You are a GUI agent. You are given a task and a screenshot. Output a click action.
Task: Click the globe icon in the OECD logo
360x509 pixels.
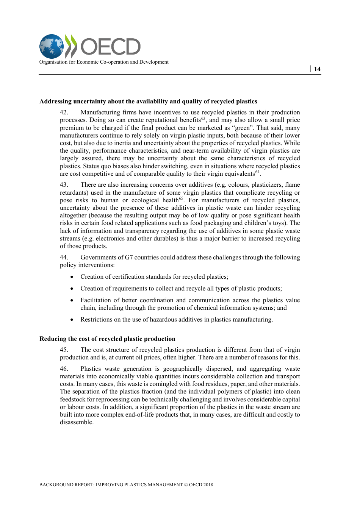click(x=52, y=46)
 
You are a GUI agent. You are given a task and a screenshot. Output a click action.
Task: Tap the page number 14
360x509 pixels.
click(x=317, y=69)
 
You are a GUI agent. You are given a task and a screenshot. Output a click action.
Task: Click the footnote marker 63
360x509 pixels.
click(x=203, y=118)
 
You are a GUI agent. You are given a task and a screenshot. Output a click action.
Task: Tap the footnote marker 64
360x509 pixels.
click(x=257, y=172)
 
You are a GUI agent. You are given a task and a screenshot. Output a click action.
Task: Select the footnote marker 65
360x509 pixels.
click(x=181, y=198)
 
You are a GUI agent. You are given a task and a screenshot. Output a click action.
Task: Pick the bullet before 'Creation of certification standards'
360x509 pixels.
click(x=72, y=277)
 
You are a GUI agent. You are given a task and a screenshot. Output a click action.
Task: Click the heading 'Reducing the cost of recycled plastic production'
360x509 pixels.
click(x=107, y=339)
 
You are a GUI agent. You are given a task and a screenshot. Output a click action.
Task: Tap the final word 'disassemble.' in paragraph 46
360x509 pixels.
click(x=77, y=422)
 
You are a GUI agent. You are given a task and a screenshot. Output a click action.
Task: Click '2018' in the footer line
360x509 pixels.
click(x=208, y=484)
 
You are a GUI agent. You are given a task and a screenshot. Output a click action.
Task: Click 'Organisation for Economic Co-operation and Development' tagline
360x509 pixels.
click(x=104, y=62)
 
